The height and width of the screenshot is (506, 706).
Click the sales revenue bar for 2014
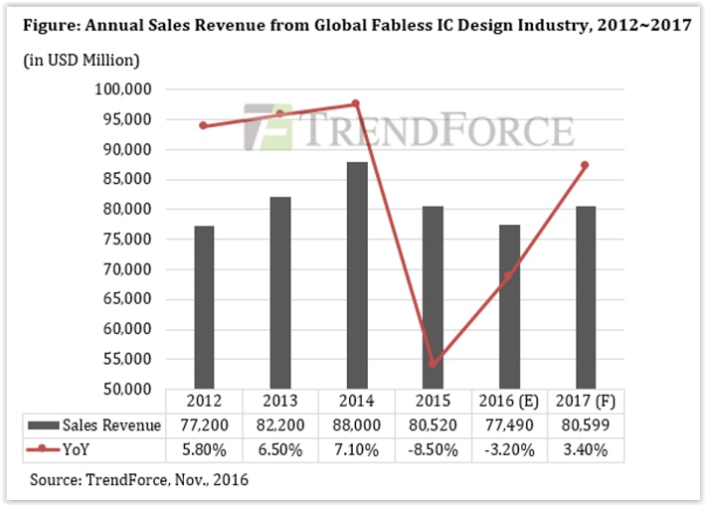coord(357,274)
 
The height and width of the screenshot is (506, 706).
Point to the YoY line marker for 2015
coord(434,365)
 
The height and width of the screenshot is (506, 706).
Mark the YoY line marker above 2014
coord(357,103)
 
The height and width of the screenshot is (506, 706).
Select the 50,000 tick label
coord(126,389)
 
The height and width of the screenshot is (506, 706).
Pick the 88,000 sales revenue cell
coord(357,425)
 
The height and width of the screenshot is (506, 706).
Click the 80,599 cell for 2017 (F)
coord(587,425)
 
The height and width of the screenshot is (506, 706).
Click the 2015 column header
coord(434,403)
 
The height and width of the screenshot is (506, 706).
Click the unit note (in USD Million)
coord(81,61)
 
